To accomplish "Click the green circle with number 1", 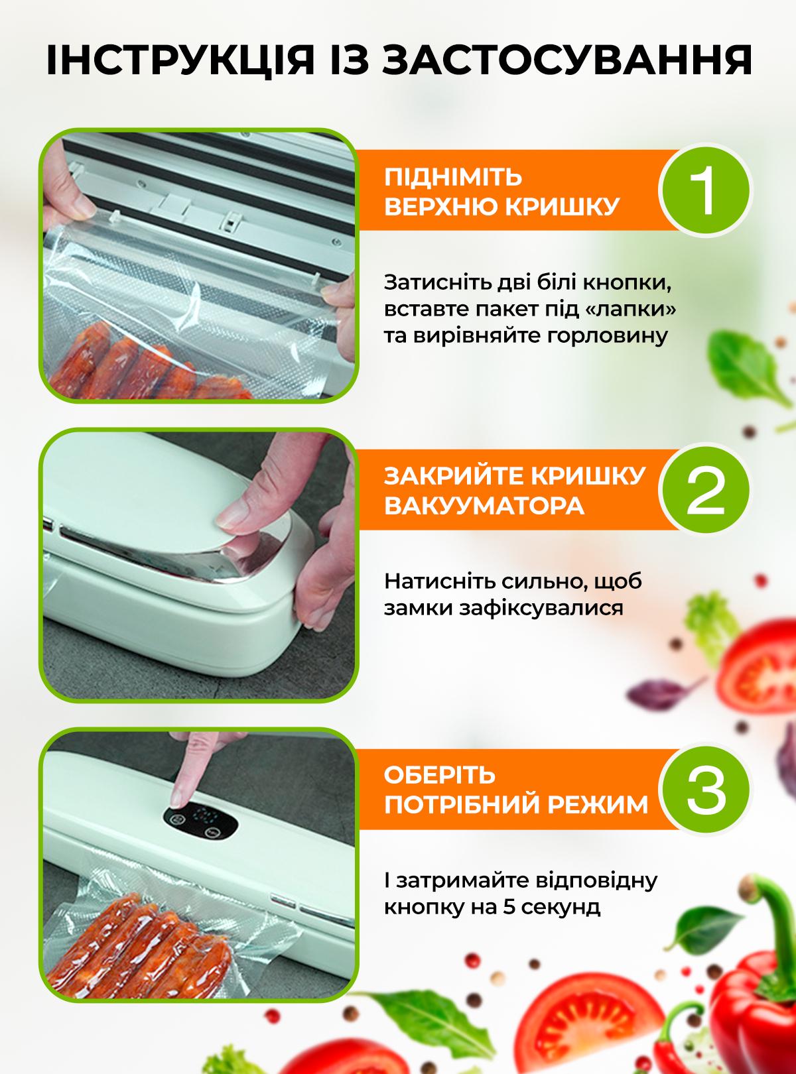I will tap(704, 191).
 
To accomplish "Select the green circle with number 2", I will tap(704, 491).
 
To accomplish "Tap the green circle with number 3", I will tap(704, 790).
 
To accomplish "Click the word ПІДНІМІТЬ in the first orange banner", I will tap(453, 177).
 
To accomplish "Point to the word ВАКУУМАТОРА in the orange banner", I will tap(484, 506).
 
